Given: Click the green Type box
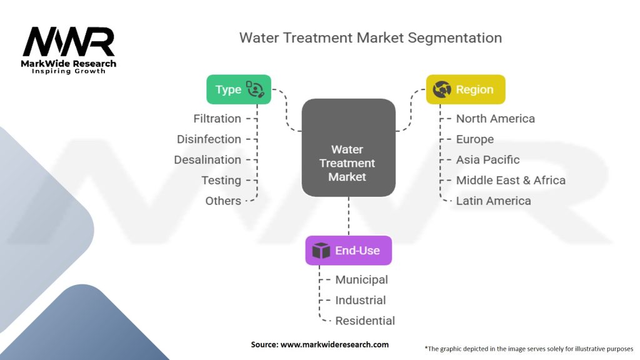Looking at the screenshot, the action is (239, 89).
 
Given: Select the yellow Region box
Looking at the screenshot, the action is (466, 89).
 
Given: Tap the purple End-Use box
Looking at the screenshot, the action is (349, 250).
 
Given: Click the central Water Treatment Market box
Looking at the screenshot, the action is (349, 147).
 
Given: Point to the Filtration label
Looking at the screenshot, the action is (217, 119).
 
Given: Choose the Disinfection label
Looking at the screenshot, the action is (209, 139).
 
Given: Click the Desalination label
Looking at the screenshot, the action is (207, 159).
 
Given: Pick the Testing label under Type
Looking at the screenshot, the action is (221, 181).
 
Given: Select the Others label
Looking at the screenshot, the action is (223, 201).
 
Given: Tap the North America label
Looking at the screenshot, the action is (496, 119).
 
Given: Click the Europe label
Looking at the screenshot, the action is (475, 139).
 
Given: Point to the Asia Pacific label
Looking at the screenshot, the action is (487, 159).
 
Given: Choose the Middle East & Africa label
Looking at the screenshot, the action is (511, 181).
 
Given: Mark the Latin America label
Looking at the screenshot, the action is (494, 201).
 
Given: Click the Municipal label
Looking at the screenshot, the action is (362, 280).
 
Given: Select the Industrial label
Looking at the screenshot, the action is (361, 301).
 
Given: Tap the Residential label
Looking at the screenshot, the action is (365, 321).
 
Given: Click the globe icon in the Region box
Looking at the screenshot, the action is (442, 89).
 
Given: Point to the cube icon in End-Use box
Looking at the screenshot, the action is (321, 250).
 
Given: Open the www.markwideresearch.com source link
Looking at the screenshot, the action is (335, 344).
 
